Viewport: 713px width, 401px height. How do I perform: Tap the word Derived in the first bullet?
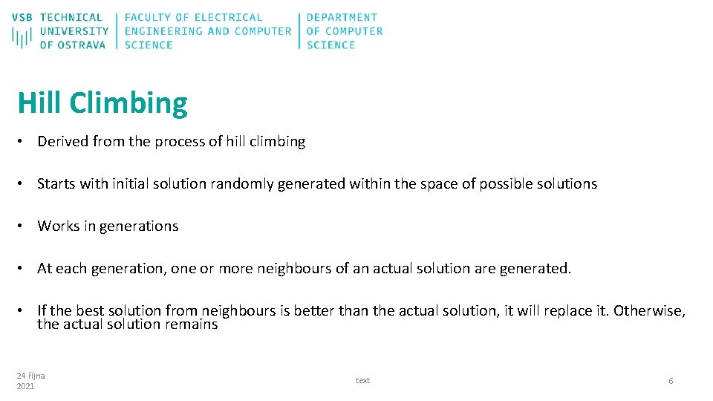[x=63, y=142]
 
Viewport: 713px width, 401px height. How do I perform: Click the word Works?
[x=58, y=226]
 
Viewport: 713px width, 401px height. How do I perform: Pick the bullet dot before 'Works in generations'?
[x=24, y=226]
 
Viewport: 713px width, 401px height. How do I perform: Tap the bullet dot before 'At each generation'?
[x=24, y=269]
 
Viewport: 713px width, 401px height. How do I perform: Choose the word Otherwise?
[x=649, y=311]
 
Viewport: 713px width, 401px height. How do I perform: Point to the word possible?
[x=505, y=184]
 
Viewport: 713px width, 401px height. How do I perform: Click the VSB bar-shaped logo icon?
[x=22, y=37]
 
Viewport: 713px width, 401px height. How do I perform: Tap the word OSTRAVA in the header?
[x=82, y=45]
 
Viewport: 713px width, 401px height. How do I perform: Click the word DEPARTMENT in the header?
[x=342, y=17]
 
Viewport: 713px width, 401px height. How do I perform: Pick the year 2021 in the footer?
[x=25, y=387]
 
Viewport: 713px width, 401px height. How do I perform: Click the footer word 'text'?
[x=362, y=381]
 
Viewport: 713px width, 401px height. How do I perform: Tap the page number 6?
[x=671, y=381]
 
